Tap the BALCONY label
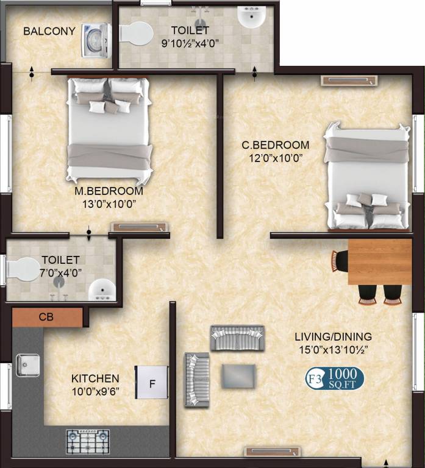49,31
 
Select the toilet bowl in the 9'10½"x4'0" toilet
135,33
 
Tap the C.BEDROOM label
276,145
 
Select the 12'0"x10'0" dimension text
276,157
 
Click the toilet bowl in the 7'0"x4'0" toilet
23,269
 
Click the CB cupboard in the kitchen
47,317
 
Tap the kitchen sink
27,365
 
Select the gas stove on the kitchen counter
88,441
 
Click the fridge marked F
151,383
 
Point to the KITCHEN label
95,378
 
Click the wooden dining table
379,261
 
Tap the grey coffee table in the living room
238,375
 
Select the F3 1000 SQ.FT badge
334,378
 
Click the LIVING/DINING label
333,336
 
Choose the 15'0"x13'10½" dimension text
333,349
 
